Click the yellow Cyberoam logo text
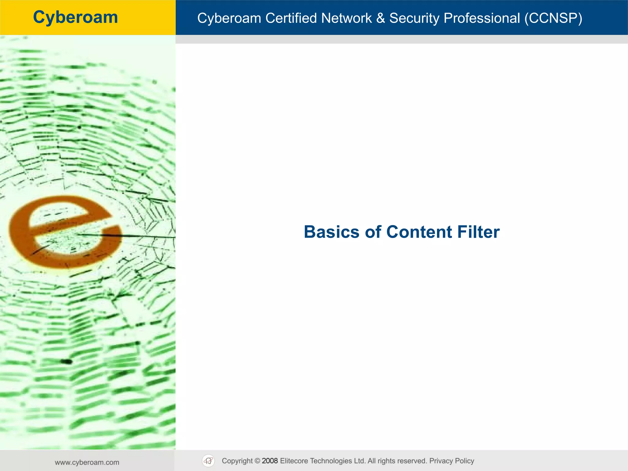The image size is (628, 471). pos(75,17)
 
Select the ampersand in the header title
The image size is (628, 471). pos(381,18)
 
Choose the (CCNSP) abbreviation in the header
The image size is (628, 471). pos(553,18)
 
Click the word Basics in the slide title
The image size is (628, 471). pos(331,232)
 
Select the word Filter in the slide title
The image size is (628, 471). pos(478,232)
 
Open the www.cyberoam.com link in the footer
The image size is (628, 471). pos(87,462)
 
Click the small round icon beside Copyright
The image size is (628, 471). pos(209,461)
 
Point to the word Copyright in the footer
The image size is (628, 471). pos(237,461)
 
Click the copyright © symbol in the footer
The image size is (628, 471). pos(257,461)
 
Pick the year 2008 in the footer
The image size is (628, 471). pos(270,461)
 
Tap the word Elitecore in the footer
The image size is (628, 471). pos(294,461)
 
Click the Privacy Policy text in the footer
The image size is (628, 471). pos(451,461)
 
